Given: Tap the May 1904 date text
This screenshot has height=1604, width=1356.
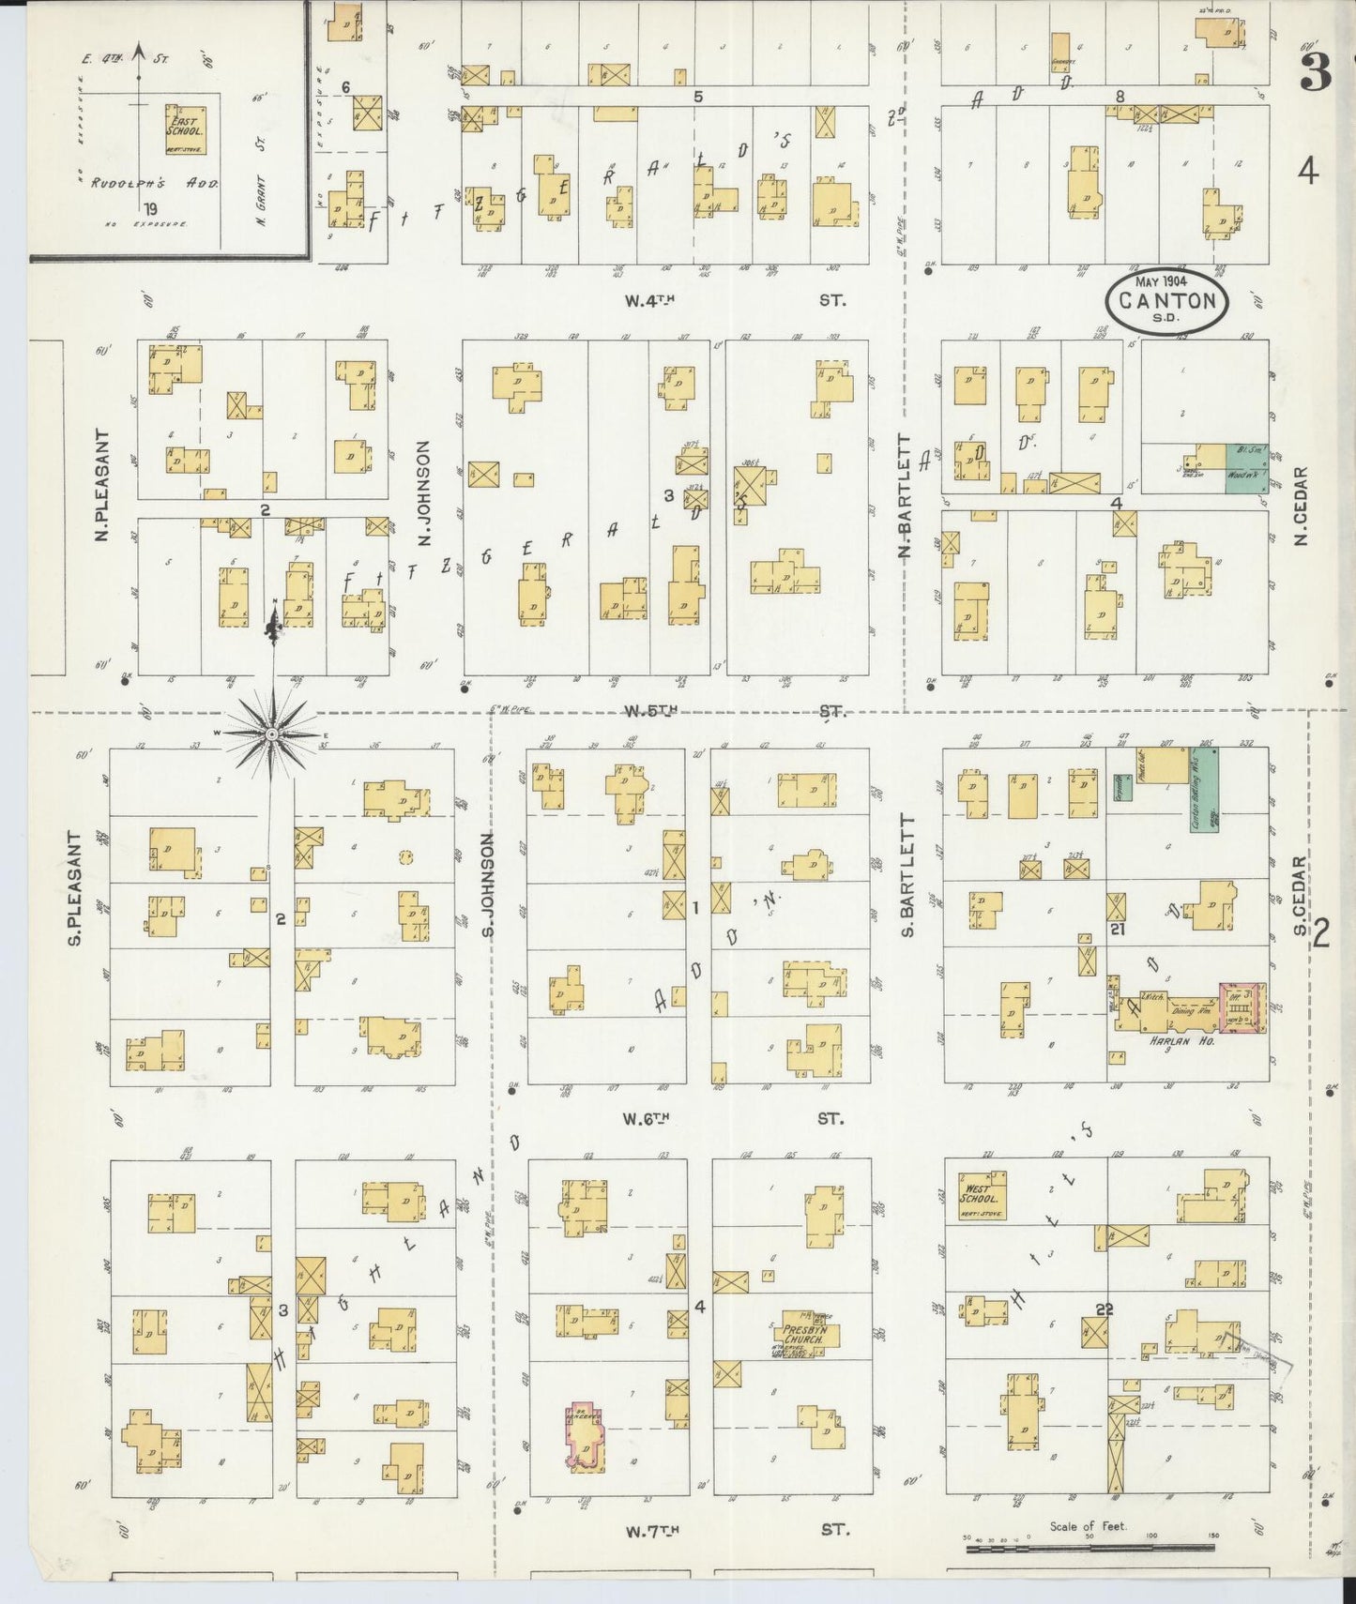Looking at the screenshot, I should [1162, 282].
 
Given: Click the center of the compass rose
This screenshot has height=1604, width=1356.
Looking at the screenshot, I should [271, 733].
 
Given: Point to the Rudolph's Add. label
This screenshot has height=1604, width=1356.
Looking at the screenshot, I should [155, 184].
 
